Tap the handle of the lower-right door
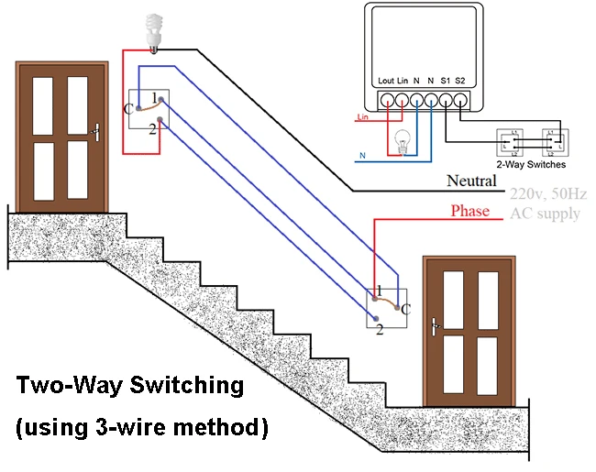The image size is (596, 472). tap(435, 324)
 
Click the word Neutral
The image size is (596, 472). tap(471, 181)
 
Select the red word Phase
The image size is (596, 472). tap(469, 212)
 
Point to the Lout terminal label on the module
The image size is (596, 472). tap(386, 82)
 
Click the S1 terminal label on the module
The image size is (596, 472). tap(446, 82)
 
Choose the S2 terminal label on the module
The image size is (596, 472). tap(461, 82)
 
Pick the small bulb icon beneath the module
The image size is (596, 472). tap(401, 140)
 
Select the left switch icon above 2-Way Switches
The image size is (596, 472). tap(509, 141)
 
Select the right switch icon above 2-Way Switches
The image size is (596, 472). tap(553, 141)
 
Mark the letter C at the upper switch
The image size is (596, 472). tap(127, 108)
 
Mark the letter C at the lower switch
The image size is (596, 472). tap(406, 309)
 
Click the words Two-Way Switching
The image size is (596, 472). tap(130, 386)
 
